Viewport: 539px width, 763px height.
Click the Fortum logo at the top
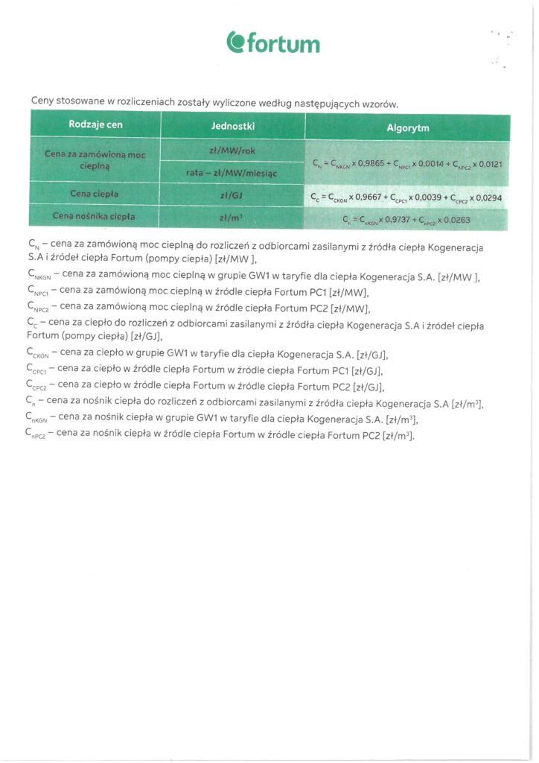point(273,42)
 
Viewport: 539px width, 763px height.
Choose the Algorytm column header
point(407,127)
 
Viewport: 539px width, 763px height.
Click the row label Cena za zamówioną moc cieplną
point(95,161)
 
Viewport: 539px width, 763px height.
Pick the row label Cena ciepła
point(95,194)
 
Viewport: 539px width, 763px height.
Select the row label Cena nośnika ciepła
point(95,217)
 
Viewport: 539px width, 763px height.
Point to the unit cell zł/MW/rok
point(233,151)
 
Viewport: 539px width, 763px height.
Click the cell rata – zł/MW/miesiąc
point(232,173)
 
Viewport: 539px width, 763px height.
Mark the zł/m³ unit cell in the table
point(233,218)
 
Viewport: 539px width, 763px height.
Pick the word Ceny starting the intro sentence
point(43,101)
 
